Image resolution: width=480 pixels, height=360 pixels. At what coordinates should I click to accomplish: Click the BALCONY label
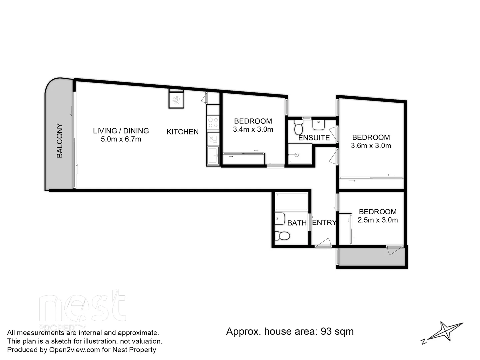[59, 140]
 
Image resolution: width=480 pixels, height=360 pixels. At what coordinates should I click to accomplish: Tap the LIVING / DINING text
[121, 131]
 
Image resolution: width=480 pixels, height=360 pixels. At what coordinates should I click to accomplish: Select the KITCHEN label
[182, 132]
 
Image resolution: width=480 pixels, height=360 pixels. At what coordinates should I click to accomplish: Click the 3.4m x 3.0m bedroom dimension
[253, 130]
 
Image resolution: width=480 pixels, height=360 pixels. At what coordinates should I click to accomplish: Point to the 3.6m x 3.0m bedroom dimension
[371, 146]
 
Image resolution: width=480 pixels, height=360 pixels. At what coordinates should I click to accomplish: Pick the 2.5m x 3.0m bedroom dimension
[377, 220]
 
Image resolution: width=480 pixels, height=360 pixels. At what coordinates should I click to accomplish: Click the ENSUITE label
[314, 138]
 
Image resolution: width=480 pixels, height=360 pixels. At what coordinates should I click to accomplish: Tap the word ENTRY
[324, 223]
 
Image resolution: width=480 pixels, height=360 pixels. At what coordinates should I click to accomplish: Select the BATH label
[297, 223]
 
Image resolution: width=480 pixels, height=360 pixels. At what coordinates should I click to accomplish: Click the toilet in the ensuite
[298, 127]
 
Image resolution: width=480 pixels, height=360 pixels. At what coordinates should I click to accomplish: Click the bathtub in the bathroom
[291, 202]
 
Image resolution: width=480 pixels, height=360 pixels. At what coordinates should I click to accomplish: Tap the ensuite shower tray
[300, 154]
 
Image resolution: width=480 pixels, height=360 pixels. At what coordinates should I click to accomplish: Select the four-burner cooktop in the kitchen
[213, 122]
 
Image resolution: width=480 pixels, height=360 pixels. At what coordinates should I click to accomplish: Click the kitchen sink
[213, 138]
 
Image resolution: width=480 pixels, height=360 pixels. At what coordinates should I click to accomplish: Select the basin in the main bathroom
[280, 219]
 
